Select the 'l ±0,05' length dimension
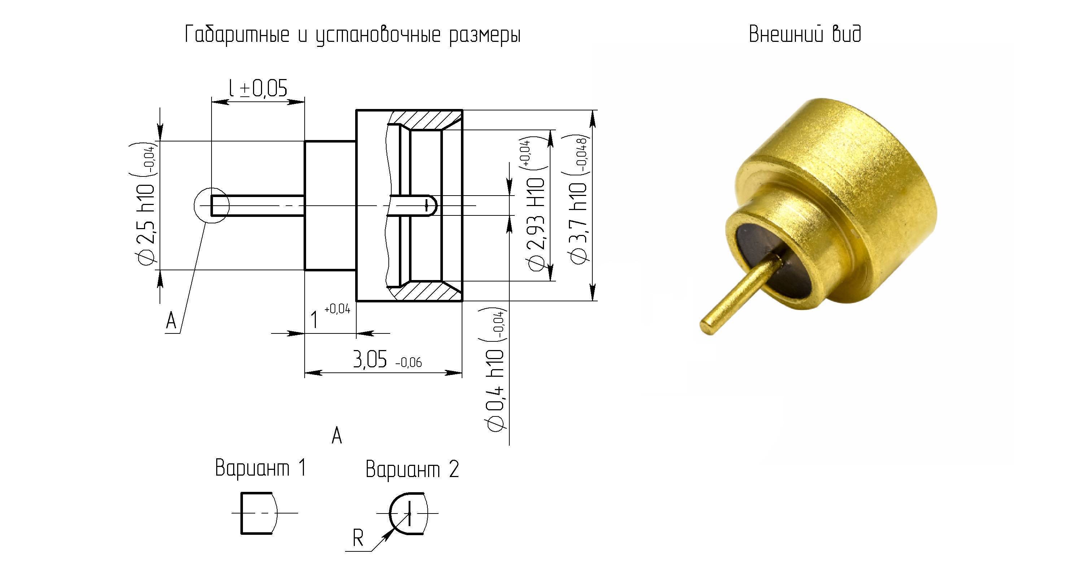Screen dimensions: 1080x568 [x=258, y=88]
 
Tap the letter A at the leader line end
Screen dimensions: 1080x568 [x=171, y=321]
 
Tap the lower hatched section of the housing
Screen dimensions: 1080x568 [x=426, y=291]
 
